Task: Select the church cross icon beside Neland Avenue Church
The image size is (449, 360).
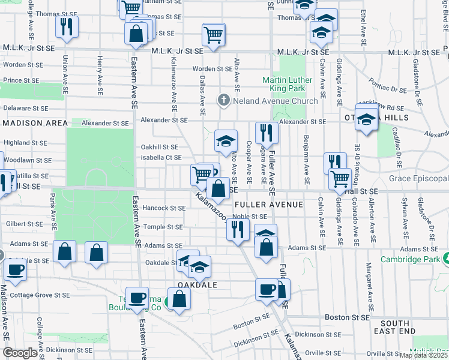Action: [x=223, y=100]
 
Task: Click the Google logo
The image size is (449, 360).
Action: [x=20, y=352]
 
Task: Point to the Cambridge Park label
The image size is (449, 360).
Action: [x=409, y=259]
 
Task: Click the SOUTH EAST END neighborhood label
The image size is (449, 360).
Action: [x=394, y=327]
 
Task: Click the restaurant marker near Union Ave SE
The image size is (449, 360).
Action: [x=65, y=26]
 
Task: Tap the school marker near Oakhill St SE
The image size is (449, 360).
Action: [x=226, y=142]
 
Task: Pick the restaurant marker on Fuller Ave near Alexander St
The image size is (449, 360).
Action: [x=267, y=133]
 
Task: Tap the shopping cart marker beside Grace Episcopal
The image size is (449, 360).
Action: [x=340, y=178]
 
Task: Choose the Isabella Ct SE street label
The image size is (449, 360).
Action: [x=161, y=158]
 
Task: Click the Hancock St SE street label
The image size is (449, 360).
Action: [x=164, y=208]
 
